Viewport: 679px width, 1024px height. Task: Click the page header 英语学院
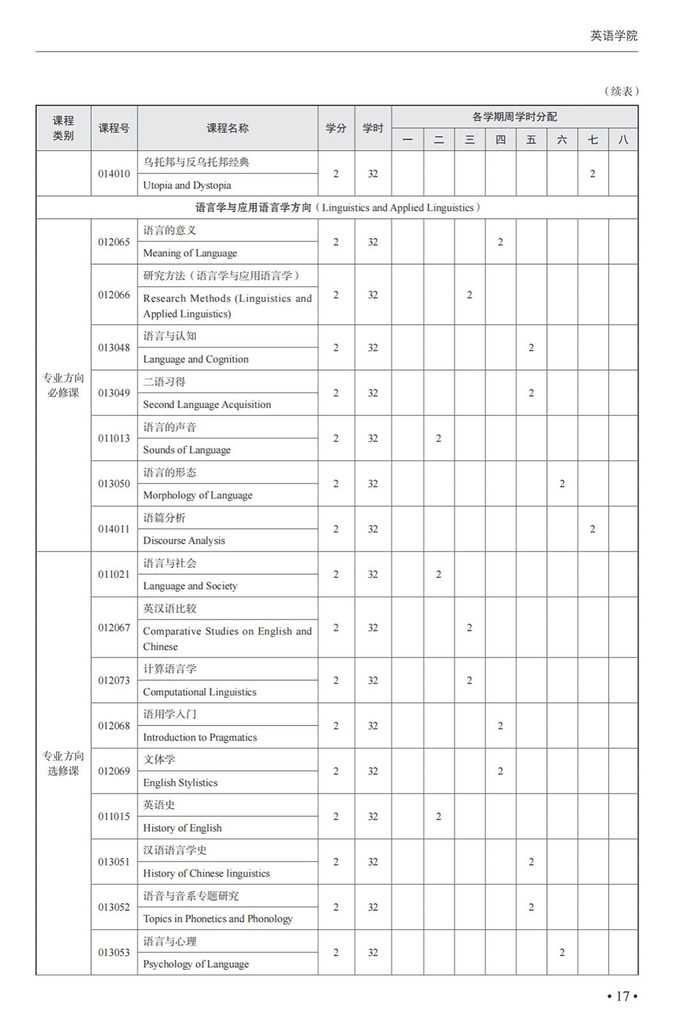pos(613,36)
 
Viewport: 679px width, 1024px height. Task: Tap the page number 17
pos(622,996)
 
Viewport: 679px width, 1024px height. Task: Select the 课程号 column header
pos(114,128)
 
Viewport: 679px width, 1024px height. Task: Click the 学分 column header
pos(336,128)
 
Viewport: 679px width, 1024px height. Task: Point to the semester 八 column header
pos(623,140)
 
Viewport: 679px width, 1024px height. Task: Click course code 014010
pos(114,174)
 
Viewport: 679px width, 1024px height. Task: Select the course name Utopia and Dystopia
pos(187,185)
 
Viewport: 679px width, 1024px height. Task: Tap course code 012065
pos(114,242)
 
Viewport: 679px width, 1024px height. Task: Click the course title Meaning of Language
pos(190,253)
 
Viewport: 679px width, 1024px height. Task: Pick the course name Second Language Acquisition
pos(207,404)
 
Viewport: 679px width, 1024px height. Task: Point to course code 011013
pos(114,438)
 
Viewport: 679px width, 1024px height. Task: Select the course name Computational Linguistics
pos(199,692)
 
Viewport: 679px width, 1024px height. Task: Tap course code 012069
pos(114,771)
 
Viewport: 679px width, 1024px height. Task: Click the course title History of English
pos(182,828)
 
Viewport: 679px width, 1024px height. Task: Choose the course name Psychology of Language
pos(196,964)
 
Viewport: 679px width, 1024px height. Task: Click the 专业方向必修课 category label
pos(63,385)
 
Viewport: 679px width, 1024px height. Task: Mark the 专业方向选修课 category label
pos(63,763)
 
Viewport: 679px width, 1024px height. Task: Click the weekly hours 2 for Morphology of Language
pos(562,484)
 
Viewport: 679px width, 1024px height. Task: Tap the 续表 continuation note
pos(621,91)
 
